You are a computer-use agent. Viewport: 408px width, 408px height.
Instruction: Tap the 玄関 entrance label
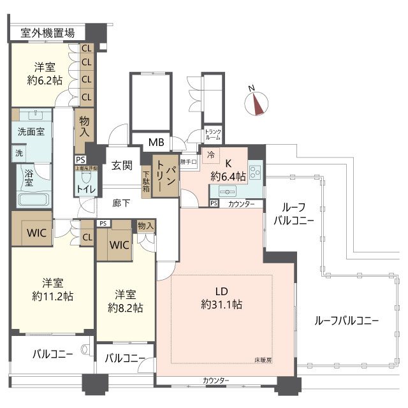pos(122,166)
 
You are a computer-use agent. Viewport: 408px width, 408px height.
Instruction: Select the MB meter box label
pos(156,142)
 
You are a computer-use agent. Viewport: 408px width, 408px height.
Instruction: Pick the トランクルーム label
pos(213,135)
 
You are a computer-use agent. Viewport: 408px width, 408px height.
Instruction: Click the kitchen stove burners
pos(255,171)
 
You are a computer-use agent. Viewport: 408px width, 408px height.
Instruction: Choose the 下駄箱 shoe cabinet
pos(147,181)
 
